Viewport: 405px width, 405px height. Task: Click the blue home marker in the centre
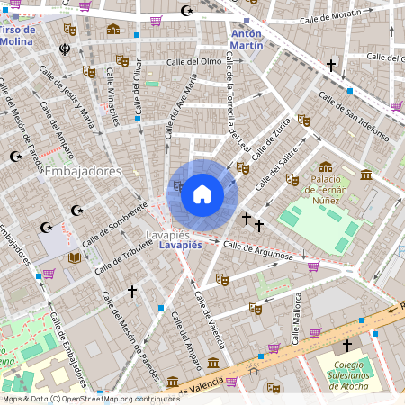click(202, 194)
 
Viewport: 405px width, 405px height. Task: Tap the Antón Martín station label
click(247, 39)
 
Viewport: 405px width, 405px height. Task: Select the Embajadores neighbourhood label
click(84, 171)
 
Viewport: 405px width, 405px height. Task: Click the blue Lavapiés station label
click(179, 245)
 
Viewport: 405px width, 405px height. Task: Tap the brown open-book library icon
click(75, 258)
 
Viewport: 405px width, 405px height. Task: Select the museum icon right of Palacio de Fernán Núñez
click(365, 175)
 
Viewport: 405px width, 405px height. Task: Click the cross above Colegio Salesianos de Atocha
click(347, 346)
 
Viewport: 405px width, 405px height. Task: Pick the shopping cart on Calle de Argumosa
click(313, 266)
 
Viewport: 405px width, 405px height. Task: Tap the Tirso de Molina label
click(15, 35)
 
